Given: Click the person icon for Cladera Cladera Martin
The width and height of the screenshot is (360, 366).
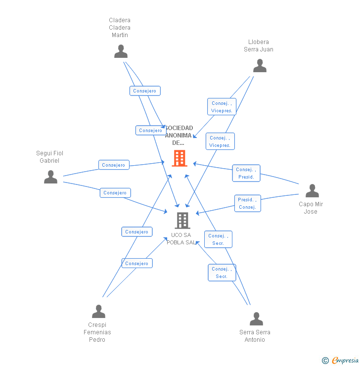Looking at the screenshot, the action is pos(121,51).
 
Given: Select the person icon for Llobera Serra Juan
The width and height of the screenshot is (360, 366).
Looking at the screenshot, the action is pos(260,66).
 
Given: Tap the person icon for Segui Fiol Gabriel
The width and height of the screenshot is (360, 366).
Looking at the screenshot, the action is pos(50,177).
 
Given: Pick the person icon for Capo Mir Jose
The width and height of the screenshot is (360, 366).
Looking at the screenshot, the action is pos(312,191).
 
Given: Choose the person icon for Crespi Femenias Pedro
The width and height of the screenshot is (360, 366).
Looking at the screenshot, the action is pos(98,312).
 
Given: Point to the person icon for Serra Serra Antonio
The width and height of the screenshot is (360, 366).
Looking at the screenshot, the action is pos(256,319).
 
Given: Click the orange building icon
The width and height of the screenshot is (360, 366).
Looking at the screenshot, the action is pos(179,158).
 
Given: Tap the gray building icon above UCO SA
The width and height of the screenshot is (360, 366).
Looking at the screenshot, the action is pos(182,221).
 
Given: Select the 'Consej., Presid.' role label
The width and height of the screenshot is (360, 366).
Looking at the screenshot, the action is pos(246,173).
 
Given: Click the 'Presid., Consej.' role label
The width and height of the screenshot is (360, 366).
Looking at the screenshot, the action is pos(247,203).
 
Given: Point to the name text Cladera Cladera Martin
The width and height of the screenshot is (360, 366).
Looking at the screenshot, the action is pos(120,28).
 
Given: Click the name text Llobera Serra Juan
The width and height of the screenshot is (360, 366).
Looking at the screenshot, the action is pos(258,46).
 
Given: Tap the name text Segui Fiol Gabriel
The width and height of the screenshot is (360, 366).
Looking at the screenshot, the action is pos(49,157).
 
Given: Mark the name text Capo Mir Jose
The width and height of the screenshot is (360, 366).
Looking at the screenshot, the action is pos(311,208).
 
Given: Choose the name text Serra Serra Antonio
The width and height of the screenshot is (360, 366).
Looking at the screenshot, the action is pos(255,336).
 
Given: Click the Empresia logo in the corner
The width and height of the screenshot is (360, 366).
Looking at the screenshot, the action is pos(345,361).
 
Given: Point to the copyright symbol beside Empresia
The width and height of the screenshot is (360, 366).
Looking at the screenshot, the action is pos(325,361).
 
